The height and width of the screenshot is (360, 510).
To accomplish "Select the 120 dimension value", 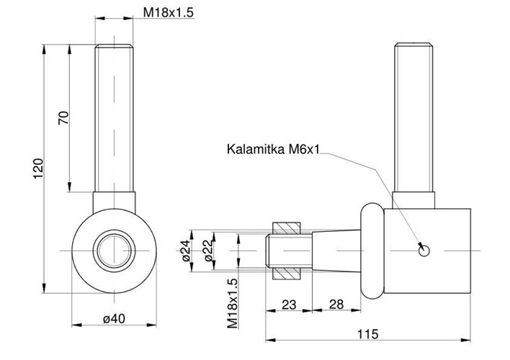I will [x=39, y=167].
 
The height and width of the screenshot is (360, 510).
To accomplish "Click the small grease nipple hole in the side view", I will [x=424, y=250].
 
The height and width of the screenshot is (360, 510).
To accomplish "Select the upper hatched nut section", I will [x=287, y=228].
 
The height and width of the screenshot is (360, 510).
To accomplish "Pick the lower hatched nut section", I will [x=287, y=273].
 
